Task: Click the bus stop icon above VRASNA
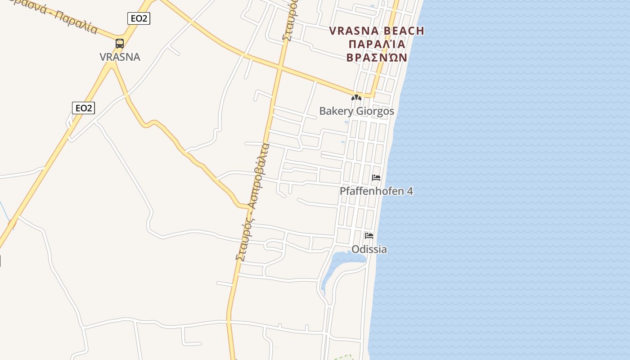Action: pyautogui.click(x=120, y=43)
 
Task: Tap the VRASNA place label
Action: pyautogui.click(x=120, y=57)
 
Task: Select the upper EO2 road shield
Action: pyautogui.click(x=139, y=18)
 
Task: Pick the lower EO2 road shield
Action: pyautogui.click(x=83, y=108)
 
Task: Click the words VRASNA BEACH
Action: pyautogui.click(x=377, y=31)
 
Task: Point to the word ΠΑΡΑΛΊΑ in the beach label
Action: pyautogui.click(x=377, y=45)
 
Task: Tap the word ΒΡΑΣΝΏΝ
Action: pyautogui.click(x=377, y=58)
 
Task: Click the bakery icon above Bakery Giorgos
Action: pyautogui.click(x=356, y=97)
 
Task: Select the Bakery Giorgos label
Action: pyautogui.click(x=356, y=111)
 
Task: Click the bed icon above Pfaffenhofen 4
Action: pyautogui.click(x=376, y=178)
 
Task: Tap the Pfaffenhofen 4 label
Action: pyautogui.click(x=376, y=191)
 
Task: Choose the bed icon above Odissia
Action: pyautogui.click(x=369, y=235)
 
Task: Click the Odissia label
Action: pyautogui.click(x=369, y=249)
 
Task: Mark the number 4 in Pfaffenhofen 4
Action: pyautogui.click(x=409, y=191)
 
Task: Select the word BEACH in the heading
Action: pyautogui.click(x=403, y=31)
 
